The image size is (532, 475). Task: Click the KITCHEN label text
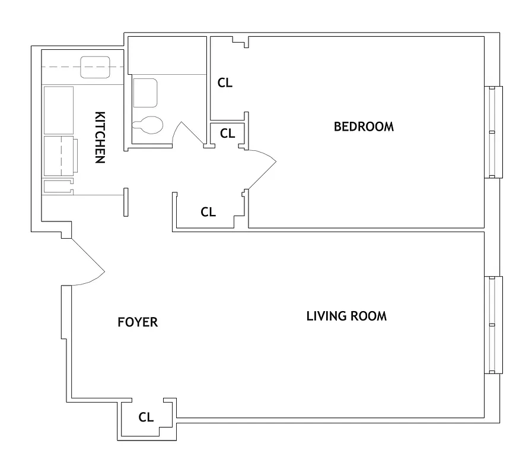[99, 137]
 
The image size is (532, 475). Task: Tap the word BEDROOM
[364, 126]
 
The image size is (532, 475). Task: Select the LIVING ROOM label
[346, 316]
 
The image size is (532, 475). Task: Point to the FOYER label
[138, 322]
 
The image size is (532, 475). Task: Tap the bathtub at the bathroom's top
[167, 55]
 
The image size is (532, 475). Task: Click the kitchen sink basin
[95, 67]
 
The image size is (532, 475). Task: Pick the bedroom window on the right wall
[493, 132]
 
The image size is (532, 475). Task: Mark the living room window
[493, 325]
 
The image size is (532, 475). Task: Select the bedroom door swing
[262, 168]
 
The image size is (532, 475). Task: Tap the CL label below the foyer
[146, 417]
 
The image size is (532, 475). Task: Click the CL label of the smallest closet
[228, 134]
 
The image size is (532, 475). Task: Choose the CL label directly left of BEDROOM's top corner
[225, 83]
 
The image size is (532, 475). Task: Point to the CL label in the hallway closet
[208, 212]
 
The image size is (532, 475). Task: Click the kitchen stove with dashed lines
[59, 156]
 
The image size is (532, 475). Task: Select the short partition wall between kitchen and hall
[125, 202]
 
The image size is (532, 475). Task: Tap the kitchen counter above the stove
[58, 110]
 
